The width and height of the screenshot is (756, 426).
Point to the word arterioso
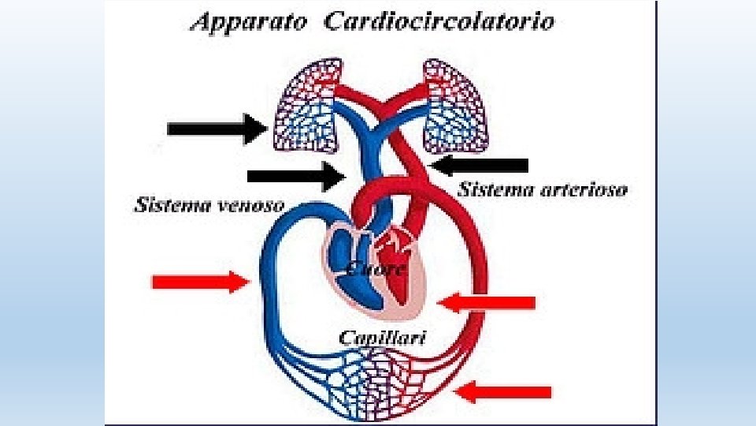click(x=584, y=189)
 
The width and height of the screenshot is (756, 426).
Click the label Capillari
click(x=383, y=337)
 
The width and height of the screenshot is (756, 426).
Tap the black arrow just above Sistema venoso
click(x=296, y=176)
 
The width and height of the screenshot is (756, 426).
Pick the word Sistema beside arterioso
click(x=495, y=189)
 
